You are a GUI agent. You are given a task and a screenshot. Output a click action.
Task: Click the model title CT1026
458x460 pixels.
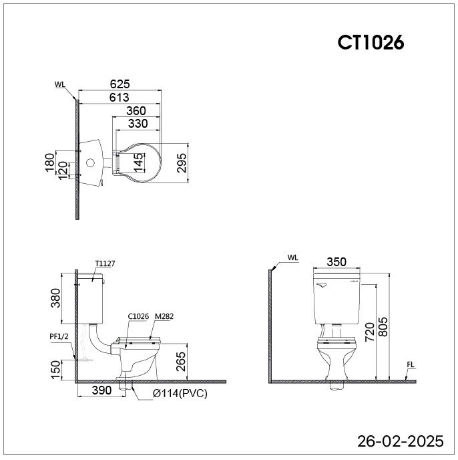(371, 43)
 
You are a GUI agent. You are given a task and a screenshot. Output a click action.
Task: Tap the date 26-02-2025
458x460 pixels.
(401, 441)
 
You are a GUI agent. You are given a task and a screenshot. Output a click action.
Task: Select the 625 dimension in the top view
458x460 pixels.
(120, 84)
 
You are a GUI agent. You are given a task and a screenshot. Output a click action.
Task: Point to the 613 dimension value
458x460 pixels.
(119, 97)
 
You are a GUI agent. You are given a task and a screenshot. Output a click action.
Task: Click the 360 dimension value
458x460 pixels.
(136, 110)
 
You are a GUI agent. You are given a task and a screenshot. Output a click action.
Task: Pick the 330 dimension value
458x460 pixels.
(138, 124)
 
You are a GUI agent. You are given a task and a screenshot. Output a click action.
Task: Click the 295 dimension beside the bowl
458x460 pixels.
(182, 163)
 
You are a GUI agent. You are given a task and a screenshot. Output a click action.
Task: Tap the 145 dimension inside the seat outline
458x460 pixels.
(139, 162)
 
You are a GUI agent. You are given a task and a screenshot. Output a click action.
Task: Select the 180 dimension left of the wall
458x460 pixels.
(50, 162)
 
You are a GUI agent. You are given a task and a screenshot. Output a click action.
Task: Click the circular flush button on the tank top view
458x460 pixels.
(91, 163)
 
